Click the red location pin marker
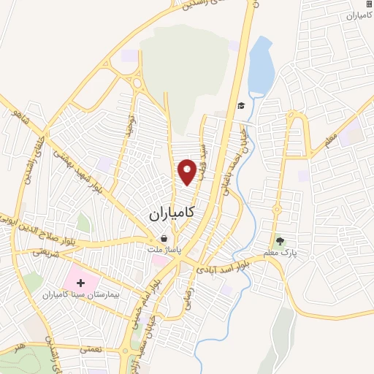pos(187,172)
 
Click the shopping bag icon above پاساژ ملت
pos(164,238)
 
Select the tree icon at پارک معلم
pos(278,241)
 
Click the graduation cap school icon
pos(240,107)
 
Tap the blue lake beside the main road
pos(261,69)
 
